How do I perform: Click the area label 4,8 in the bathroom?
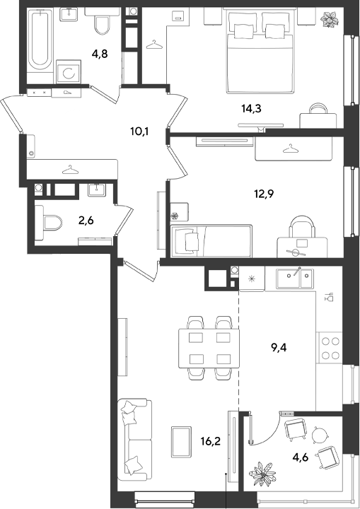pos(100,54)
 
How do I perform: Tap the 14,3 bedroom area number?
pos(251,109)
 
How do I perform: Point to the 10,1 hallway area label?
pos(139,131)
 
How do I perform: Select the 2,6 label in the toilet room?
pos(86,221)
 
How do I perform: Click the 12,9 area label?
pos(264,194)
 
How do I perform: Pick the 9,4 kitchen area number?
pos(279,348)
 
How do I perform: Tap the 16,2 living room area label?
pos(211,441)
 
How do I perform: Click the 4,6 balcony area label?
pos(300,457)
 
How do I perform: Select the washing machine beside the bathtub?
pos(68,71)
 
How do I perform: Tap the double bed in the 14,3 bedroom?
pos(261,52)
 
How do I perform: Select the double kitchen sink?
pos(295,279)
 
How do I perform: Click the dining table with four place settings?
pos(209,348)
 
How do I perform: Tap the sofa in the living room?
pos(135,440)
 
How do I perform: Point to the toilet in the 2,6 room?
pos(49,223)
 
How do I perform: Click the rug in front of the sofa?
pos(181,442)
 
